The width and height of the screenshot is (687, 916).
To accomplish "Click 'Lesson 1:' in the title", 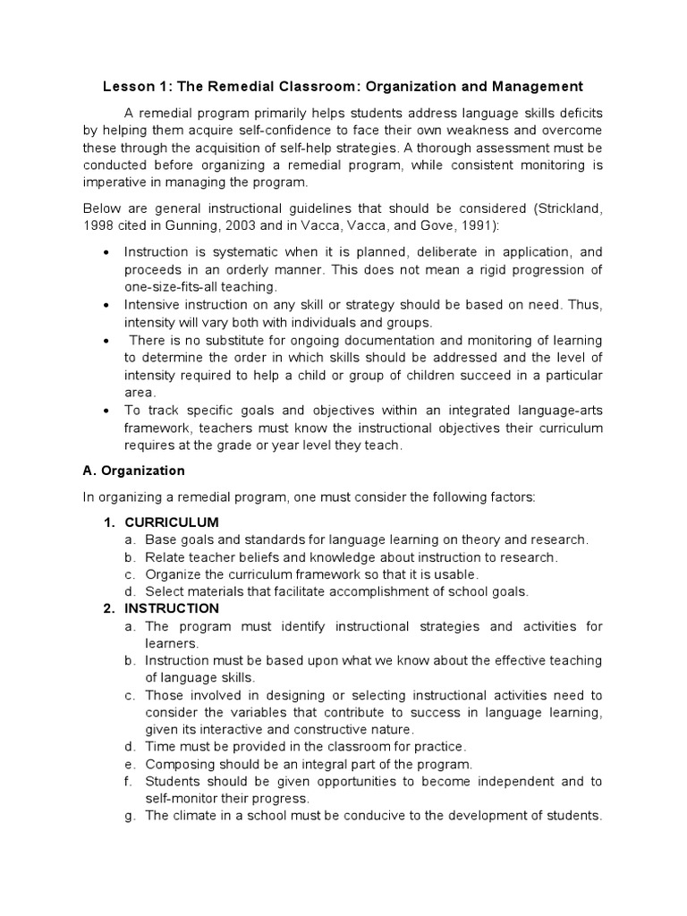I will pos(132,87).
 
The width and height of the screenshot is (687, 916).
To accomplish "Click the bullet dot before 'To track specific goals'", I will pos(108,410).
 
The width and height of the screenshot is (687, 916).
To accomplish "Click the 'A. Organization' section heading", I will pos(134,471).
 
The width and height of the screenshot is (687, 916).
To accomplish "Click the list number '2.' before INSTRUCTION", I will pos(108,608).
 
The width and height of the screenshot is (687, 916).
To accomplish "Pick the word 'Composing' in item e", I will pos(176,764).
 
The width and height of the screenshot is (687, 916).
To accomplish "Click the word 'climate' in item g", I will pos(196,816).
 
